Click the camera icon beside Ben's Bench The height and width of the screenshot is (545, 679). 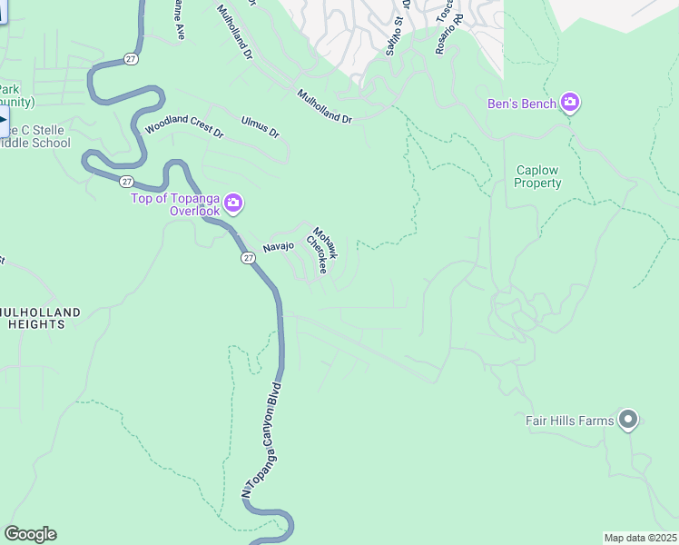tap(570, 102)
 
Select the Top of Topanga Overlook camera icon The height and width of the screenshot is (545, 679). tap(233, 203)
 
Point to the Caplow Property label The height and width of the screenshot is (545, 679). tap(538, 176)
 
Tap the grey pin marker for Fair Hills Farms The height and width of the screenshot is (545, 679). tap(628, 420)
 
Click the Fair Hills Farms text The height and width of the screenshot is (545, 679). tap(570, 421)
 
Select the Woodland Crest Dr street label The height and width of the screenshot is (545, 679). tap(184, 125)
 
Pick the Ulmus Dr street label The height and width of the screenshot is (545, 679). tap(261, 127)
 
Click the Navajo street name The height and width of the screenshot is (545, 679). tap(279, 247)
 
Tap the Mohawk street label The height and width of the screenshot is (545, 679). tap(326, 243)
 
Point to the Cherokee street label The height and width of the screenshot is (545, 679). tap(316, 255)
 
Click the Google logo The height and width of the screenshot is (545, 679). tap(30, 534)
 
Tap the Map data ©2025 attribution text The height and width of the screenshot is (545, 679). tap(640, 538)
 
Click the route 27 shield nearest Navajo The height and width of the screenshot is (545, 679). tap(248, 258)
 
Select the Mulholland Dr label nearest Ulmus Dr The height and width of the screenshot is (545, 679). tap(324, 106)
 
